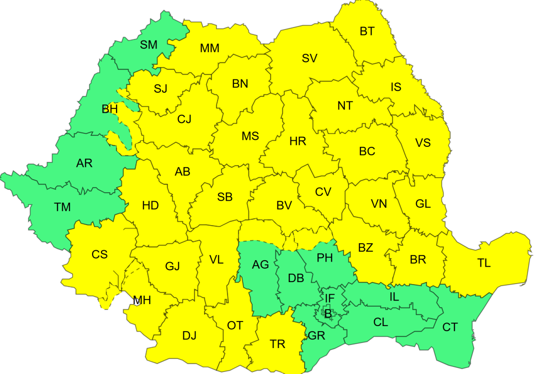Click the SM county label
pyautogui.click(x=148, y=45)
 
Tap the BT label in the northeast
pyautogui.click(x=367, y=31)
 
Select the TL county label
pyautogui.click(x=483, y=263)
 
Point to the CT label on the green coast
pyautogui.click(x=450, y=327)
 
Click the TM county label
pyautogui.click(x=62, y=207)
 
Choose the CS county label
pyautogui.click(x=99, y=255)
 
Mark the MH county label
pyautogui.click(x=142, y=300)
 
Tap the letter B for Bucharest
pyautogui.click(x=328, y=314)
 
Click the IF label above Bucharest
pyautogui.click(x=329, y=299)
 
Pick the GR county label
pyautogui.click(x=316, y=336)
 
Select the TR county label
pyautogui.click(x=277, y=344)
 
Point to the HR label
pyautogui.click(x=297, y=141)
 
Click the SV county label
pyautogui.click(x=309, y=58)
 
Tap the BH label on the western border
pyautogui.click(x=109, y=109)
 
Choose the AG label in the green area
pyautogui.click(x=260, y=265)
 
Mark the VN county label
pyautogui.click(x=379, y=204)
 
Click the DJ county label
pyautogui.click(x=189, y=336)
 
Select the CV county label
pyautogui.click(x=323, y=192)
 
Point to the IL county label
pyautogui.click(x=394, y=297)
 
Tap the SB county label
pyautogui.click(x=225, y=197)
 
